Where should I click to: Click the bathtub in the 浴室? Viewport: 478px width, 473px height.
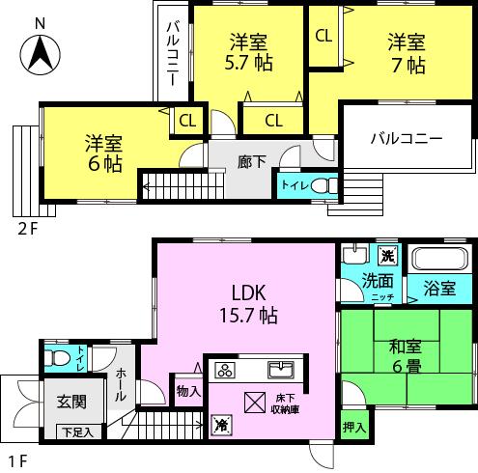tap(440, 260)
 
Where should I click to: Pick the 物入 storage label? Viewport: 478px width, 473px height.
tap(188, 391)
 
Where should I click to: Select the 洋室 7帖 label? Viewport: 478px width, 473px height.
tap(407, 55)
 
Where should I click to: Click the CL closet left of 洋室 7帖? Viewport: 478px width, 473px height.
tap(323, 36)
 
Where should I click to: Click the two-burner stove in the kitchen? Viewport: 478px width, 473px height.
tap(223, 371)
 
